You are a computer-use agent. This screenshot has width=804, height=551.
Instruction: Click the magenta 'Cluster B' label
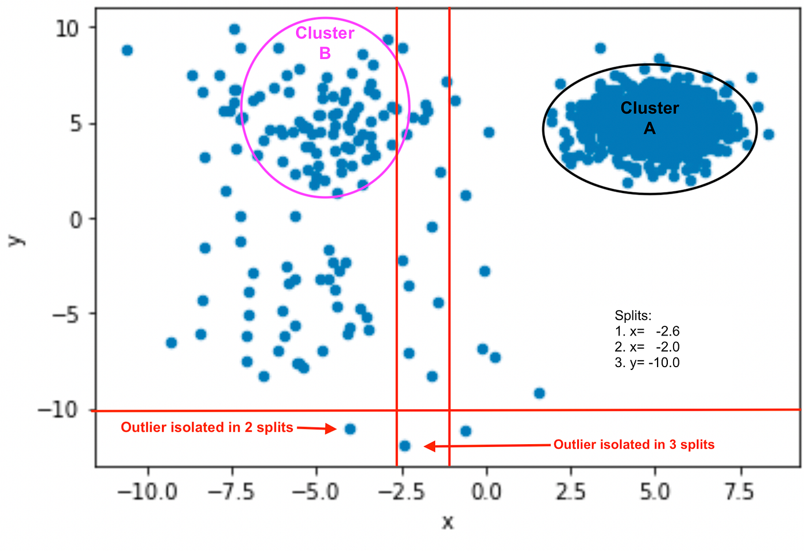[324, 43]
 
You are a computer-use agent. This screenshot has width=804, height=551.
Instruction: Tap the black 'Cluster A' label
[650, 118]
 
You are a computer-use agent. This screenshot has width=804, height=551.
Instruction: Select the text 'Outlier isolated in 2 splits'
[207, 427]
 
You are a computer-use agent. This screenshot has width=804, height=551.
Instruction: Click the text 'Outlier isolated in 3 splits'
[634, 445]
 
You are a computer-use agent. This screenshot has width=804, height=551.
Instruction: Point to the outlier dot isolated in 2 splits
[350, 429]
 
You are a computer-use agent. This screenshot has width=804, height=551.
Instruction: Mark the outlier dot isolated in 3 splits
[404, 446]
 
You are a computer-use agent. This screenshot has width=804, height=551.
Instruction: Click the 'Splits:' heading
[633, 315]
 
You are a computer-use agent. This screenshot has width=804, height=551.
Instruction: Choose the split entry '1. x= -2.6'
[647, 332]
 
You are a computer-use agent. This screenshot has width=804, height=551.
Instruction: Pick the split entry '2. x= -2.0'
[647, 347]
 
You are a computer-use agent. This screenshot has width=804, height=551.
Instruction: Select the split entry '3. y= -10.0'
[647, 363]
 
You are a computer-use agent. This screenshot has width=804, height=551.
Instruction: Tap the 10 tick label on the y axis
[67, 28]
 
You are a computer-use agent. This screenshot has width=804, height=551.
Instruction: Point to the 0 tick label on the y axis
[76, 219]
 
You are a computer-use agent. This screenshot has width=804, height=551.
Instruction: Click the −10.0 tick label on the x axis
[148, 492]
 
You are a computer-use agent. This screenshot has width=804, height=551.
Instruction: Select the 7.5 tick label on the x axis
[739, 492]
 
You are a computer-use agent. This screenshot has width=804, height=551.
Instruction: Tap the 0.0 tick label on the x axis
[486, 492]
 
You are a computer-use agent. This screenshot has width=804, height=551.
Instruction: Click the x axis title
[447, 522]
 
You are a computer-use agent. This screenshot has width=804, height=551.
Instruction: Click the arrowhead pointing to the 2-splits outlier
[331, 429]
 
